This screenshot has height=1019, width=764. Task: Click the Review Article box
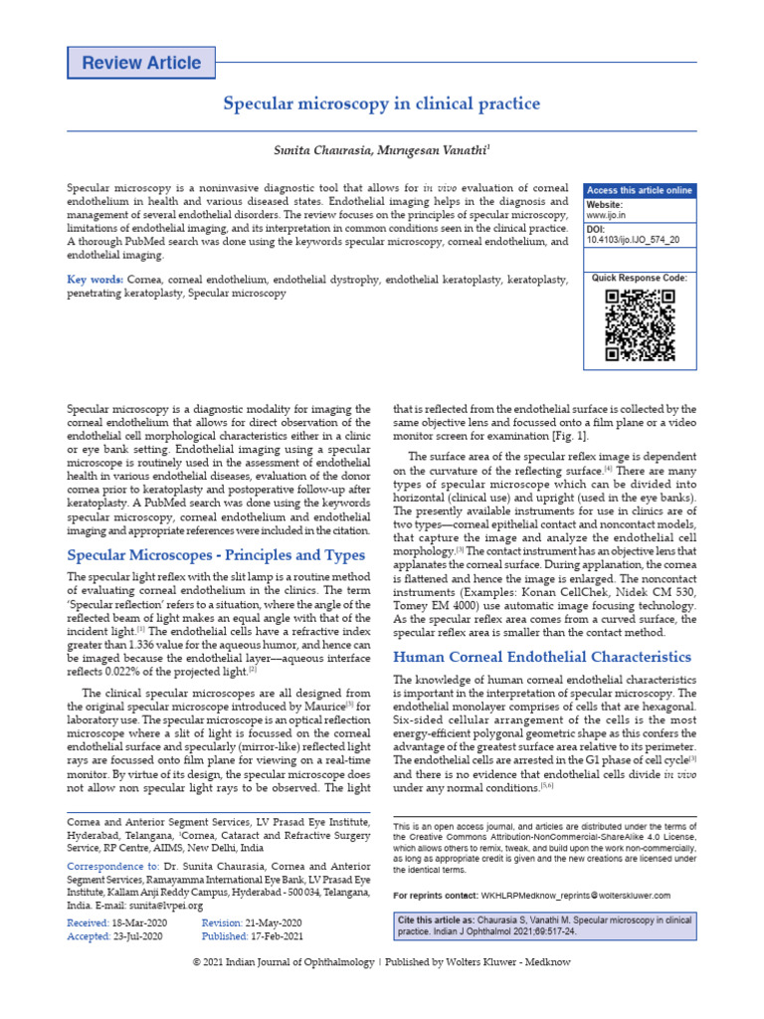[140, 63]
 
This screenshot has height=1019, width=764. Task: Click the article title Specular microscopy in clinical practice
[381, 103]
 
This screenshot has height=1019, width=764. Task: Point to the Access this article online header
[639, 191]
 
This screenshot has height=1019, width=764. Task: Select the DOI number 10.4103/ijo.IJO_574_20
[635, 240]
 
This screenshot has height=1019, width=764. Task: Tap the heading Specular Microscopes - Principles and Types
[216, 554]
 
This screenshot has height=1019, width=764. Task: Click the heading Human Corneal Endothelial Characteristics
[542, 657]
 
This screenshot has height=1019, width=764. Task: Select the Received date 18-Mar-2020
[143, 923]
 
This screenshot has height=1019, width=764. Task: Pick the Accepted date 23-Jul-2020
[143, 936]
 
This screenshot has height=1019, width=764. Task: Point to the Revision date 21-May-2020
[274, 923]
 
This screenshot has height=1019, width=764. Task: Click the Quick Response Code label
[639, 278]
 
